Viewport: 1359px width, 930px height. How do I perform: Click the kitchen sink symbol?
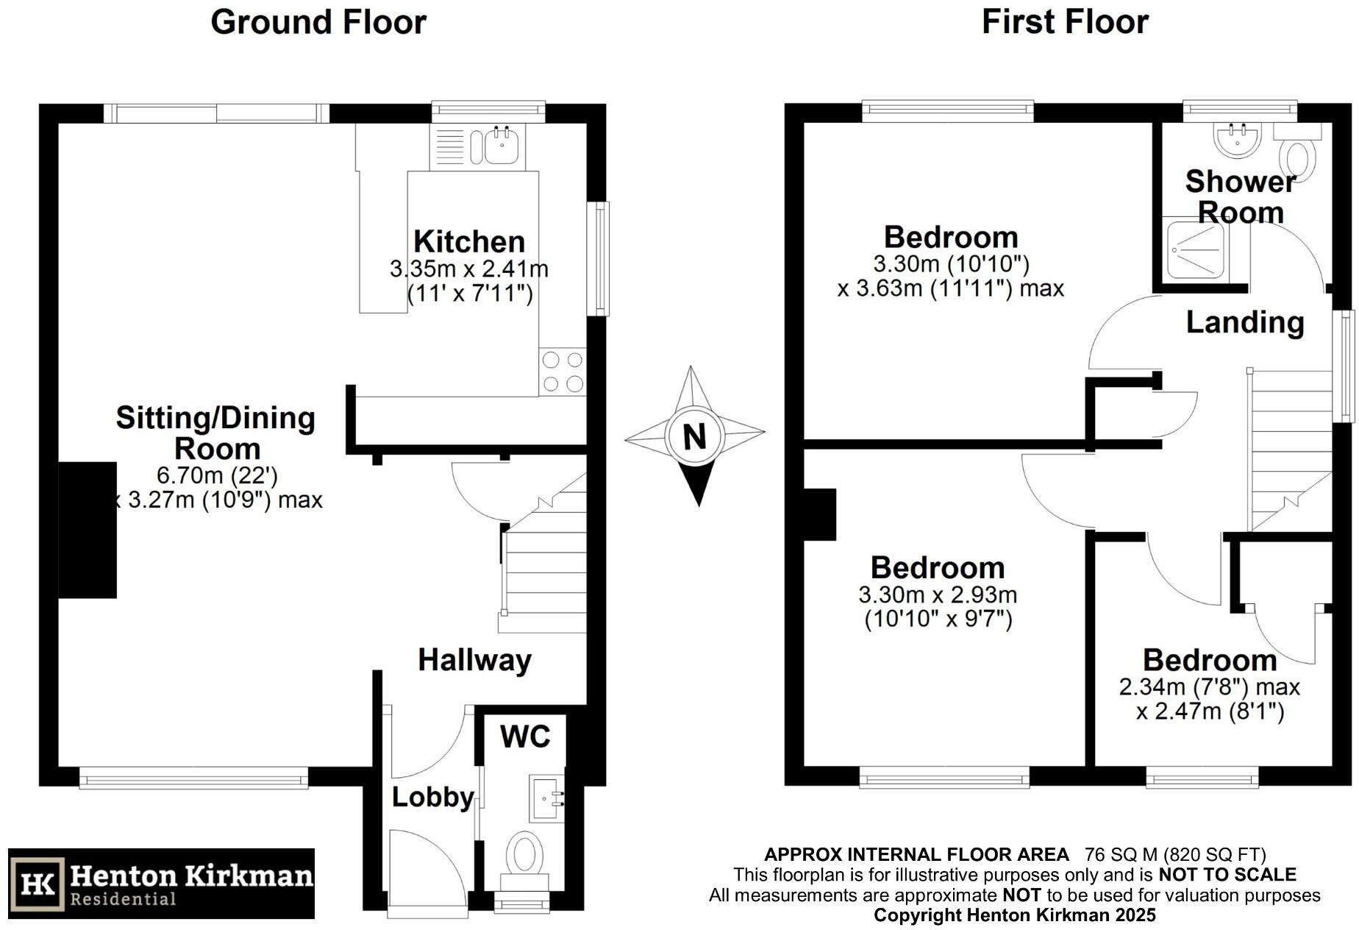coord(503,145)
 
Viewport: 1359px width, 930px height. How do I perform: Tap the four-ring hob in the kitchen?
coord(563,372)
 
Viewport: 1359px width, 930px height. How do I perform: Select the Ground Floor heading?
coord(318,22)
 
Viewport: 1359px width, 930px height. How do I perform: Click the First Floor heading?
coord(1065,22)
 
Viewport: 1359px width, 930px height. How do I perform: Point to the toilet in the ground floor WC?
coord(524,858)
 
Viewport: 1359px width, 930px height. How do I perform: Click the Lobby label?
coord(432,797)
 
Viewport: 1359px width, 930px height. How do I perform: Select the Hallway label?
coord(474,660)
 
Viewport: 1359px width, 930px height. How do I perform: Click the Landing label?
coord(1245,322)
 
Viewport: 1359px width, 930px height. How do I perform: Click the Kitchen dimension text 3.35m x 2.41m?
coord(469,269)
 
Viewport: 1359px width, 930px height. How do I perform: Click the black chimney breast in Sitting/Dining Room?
coord(88,530)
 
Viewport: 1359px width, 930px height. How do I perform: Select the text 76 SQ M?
coord(1118,854)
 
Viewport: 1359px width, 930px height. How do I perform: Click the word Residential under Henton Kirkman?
coord(123,899)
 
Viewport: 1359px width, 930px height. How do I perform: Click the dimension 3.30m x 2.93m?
coord(938,594)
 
